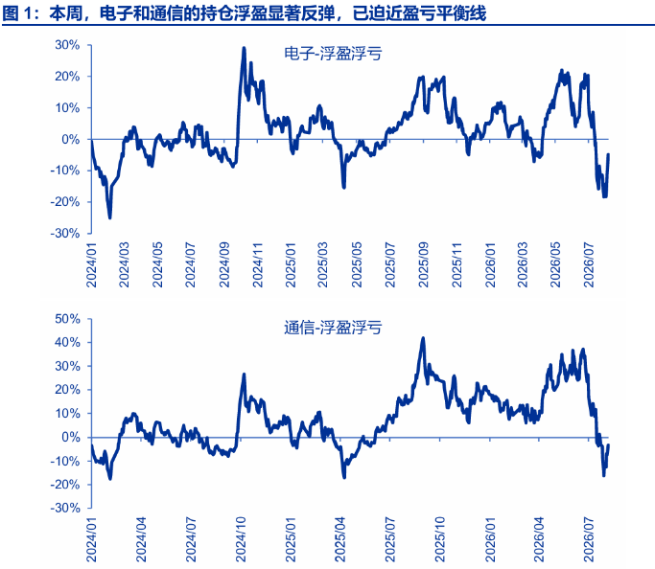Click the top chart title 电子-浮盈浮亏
(x=333, y=55)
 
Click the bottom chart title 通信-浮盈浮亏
(x=333, y=328)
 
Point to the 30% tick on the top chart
(x=68, y=45)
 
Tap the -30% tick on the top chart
(x=65, y=233)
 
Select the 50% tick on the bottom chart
(x=68, y=319)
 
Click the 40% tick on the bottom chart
(x=68, y=343)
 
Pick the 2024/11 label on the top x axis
(x=258, y=265)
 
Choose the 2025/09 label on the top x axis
(x=424, y=265)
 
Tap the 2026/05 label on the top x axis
(x=555, y=265)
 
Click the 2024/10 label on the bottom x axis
(x=241, y=539)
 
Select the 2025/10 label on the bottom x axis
(x=440, y=539)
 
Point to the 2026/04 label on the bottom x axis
(x=539, y=539)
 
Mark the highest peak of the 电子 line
(x=244, y=48)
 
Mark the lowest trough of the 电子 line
(x=110, y=217)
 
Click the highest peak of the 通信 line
(x=423, y=338)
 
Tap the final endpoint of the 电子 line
(x=608, y=154)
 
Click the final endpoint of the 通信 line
(x=608, y=445)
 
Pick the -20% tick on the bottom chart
(x=65, y=485)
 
